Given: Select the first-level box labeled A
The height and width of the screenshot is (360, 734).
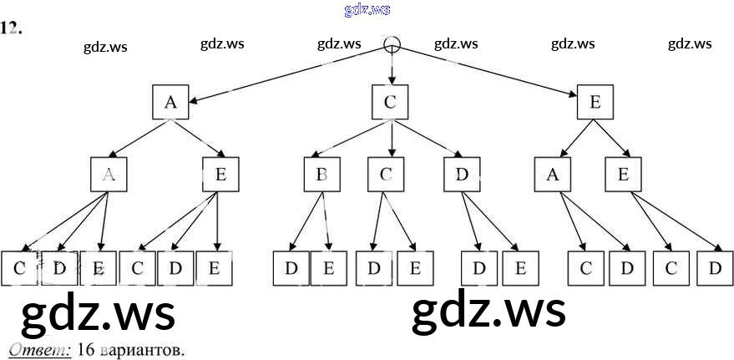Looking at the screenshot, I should point(170,102).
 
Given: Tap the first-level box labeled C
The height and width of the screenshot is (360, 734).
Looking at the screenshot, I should point(390,102).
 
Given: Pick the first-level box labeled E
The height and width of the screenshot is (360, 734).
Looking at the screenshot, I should point(595,102).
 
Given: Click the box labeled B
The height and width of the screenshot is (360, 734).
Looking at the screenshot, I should point(321,175).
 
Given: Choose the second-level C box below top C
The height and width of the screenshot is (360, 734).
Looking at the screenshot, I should point(386,175).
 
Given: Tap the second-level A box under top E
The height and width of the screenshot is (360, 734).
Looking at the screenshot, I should point(552,175).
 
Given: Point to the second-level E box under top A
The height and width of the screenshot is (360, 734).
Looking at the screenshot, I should point(220,175).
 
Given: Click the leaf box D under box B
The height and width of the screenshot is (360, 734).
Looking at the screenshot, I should point(291,268).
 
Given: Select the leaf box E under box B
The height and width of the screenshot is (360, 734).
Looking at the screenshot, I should point(328,268).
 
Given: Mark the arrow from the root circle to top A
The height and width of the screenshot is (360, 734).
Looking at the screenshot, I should point(284,74).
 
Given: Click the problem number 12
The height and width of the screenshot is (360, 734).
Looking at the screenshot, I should point(11,28).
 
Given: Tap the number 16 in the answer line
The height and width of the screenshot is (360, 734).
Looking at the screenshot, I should point(84,350).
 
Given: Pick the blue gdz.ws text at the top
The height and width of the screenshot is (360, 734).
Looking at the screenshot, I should point(367,10).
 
